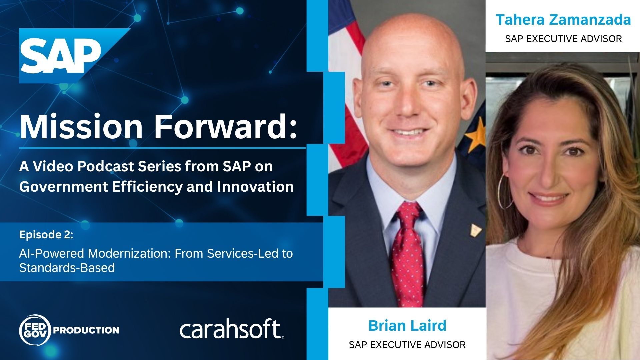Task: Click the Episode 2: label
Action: pyautogui.click(x=46, y=235)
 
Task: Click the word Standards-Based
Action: pyautogui.click(x=67, y=268)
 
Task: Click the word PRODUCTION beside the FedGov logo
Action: pyautogui.click(x=86, y=330)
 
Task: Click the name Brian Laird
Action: pyautogui.click(x=407, y=325)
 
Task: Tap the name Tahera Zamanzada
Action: pyautogui.click(x=563, y=20)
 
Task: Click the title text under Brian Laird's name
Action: pyautogui.click(x=407, y=344)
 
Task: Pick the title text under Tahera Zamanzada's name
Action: pyautogui.click(x=563, y=39)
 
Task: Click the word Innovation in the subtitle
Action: pyautogui.click(x=255, y=187)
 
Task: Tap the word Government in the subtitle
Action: pyautogui.click(x=64, y=187)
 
